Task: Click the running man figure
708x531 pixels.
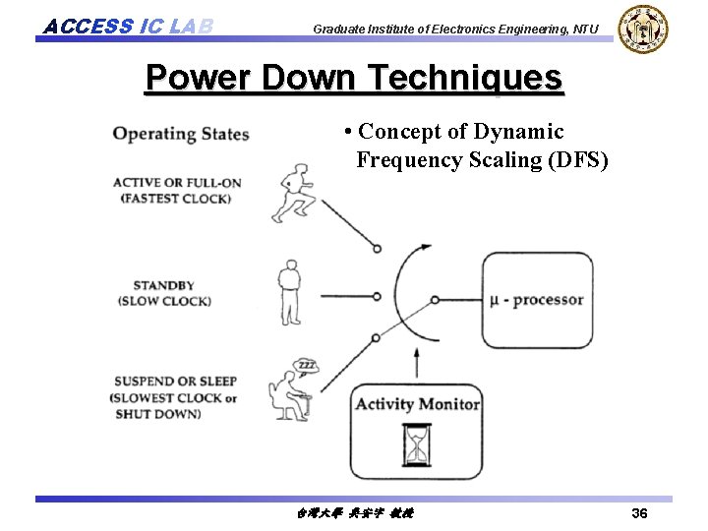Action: (x=294, y=195)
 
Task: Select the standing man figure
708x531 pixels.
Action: (x=289, y=292)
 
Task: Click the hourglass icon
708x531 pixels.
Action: (x=417, y=445)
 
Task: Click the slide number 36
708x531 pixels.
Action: (x=639, y=513)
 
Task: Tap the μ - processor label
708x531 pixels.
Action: (x=537, y=300)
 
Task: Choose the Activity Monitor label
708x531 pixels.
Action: (x=417, y=404)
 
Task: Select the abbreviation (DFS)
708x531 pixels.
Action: (x=576, y=159)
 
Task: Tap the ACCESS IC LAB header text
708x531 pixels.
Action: (x=128, y=26)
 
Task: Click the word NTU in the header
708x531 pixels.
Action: (x=583, y=29)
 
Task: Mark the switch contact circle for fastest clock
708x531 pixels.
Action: (x=377, y=249)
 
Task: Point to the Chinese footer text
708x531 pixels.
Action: (x=354, y=513)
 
